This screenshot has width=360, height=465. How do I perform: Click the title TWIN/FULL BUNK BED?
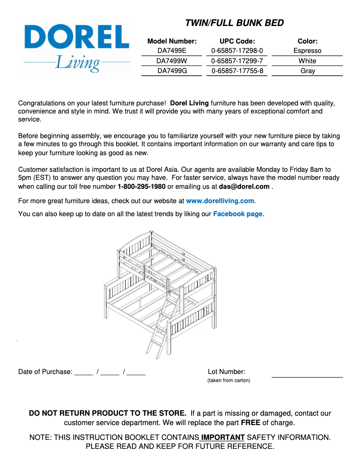[234, 23]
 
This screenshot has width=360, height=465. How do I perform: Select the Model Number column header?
[172, 41]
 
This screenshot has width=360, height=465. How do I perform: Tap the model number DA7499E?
[172, 51]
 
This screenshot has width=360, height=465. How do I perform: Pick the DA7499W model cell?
[172, 61]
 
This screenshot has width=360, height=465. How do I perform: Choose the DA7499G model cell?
[172, 70]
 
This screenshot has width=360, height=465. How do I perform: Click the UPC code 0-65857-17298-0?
[237, 51]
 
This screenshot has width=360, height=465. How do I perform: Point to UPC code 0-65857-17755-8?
[237, 70]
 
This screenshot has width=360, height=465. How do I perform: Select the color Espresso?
[307, 51]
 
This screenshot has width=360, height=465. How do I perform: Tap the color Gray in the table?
[307, 70]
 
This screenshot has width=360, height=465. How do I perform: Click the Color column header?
[307, 41]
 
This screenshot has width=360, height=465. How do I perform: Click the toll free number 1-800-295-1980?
[141, 187]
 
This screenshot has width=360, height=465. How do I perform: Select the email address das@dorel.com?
[244, 187]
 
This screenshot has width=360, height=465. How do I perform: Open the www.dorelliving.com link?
[220, 201]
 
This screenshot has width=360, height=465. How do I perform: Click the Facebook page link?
[237, 214]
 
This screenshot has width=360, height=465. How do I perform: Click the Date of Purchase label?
[45, 372]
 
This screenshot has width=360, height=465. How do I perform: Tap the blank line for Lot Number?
[307, 376]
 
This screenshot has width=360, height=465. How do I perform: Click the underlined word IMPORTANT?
[223, 437]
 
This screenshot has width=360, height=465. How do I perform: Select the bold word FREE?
[250, 422]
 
